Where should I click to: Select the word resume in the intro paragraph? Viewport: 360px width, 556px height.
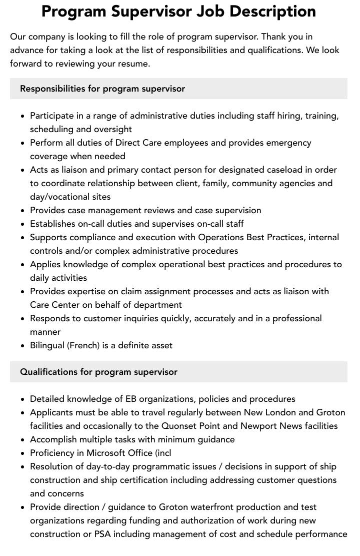click(x=134, y=64)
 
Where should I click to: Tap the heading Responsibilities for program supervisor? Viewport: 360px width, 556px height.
click(x=102, y=89)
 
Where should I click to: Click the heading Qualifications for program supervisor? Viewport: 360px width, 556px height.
click(x=98, y=372)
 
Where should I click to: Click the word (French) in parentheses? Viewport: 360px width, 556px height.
click(x=84, y=345)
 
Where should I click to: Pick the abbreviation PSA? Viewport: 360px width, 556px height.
click(x=102, y=534)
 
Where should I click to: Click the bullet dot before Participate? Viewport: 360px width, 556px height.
click(x=23, y=116)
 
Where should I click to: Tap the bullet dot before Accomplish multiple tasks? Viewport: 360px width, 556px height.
click(x=23, y=440)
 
